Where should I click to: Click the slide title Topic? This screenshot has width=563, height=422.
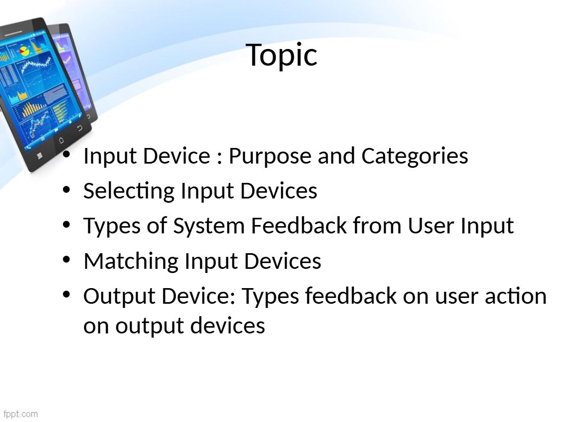click(x=281, y=55)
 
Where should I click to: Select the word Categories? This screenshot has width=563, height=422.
click(x=415, y=156)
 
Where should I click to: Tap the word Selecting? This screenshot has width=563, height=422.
click(x=129, y=191)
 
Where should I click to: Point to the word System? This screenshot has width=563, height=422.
click(x=209, y=227)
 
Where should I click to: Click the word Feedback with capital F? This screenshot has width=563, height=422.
click(x=299, y=226)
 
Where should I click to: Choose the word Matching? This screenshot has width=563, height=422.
click(x=131, y=261)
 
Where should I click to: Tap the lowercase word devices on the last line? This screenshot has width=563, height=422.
click(x=228, y=326)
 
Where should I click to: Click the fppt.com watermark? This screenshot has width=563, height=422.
click(x=20, y=414)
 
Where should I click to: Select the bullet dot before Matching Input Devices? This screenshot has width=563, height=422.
click(x=66, y=259)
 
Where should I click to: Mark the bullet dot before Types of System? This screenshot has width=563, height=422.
click(x=66, y=224)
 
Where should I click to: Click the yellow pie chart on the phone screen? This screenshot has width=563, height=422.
click(x=24, y=51)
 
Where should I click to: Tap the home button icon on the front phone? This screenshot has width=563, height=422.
click(x=60, y=140)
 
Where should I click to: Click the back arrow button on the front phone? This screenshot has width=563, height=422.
click(x=79, y=128)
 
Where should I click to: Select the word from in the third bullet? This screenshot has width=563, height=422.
click(x=377, y=226)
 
